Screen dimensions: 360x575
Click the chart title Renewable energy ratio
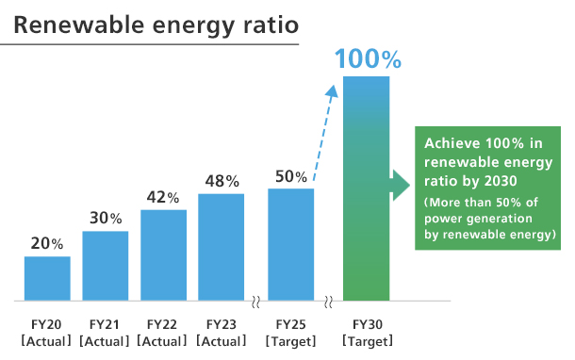[x=149, y=24]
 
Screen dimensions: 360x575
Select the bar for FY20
[x=47, y=278]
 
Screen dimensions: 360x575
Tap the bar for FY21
[x=106, y=266]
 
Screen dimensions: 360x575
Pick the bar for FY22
[x=163, y=254]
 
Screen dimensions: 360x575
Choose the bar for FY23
[x=222, y=247]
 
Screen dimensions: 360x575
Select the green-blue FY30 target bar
[x=367, y=188]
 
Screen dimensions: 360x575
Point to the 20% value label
[x=47, y=243]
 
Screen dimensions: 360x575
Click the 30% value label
[x=106, y=218]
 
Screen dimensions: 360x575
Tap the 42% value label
[x=163, y=197]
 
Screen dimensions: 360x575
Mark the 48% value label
[x=222, y=181]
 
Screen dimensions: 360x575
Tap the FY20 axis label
[x=47, y=324]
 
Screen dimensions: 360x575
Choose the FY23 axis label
[x=222, y=324]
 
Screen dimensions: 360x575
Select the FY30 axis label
[x=367, y=324]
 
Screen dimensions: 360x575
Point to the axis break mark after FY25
[x=328, y=303]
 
